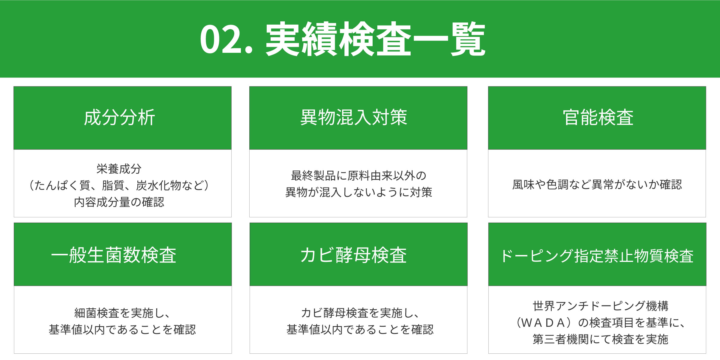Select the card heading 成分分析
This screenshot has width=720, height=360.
coord(119,117)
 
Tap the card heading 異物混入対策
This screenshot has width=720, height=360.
coord(354,117)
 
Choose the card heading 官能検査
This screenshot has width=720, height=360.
coord(598,117)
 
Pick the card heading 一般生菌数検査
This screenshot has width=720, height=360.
coord(114,255)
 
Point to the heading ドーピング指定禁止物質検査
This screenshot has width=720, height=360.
coord(597,256)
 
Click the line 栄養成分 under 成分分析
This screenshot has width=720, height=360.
coord(119,169)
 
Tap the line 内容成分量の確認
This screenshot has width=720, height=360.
coord(119,202)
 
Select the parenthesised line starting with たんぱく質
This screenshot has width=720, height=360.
coord(119,185)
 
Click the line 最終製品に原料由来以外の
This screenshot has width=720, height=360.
coord(358,176)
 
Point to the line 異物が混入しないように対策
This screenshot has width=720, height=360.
coord(358,192)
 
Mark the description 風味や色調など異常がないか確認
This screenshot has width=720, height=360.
coord(597,184)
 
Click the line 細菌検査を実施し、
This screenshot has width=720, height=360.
coord(123,313)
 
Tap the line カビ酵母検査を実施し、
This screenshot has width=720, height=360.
coord(360,313)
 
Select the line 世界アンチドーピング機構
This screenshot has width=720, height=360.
coord(600,306)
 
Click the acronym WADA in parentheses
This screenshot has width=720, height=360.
coord(543,323)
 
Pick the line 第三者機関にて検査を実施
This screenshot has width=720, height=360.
coord(600,339)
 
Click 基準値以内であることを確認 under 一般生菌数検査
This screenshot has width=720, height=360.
coord(122,330)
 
